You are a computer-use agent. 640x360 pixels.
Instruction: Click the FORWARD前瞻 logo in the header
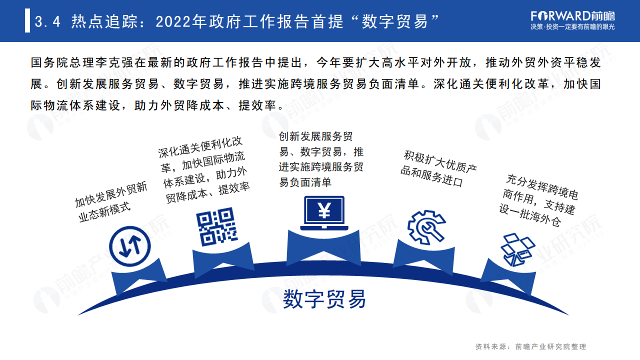click(x=572, y=15)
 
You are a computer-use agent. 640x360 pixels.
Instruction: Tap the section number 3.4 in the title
click(x=47, y=22)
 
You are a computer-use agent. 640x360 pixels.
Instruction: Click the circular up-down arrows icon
click(x=129, y=246)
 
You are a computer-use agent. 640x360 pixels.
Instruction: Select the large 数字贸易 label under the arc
click(x=324, y=298)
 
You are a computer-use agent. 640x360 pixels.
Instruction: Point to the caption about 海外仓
click(x=538, y=200)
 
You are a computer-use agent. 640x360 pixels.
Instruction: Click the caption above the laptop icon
click(x=321, y=159)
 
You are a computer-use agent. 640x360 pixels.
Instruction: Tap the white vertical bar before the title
click(x=27, y=21)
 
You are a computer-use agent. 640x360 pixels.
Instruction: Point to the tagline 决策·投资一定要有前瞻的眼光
click(x=572, y=27)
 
